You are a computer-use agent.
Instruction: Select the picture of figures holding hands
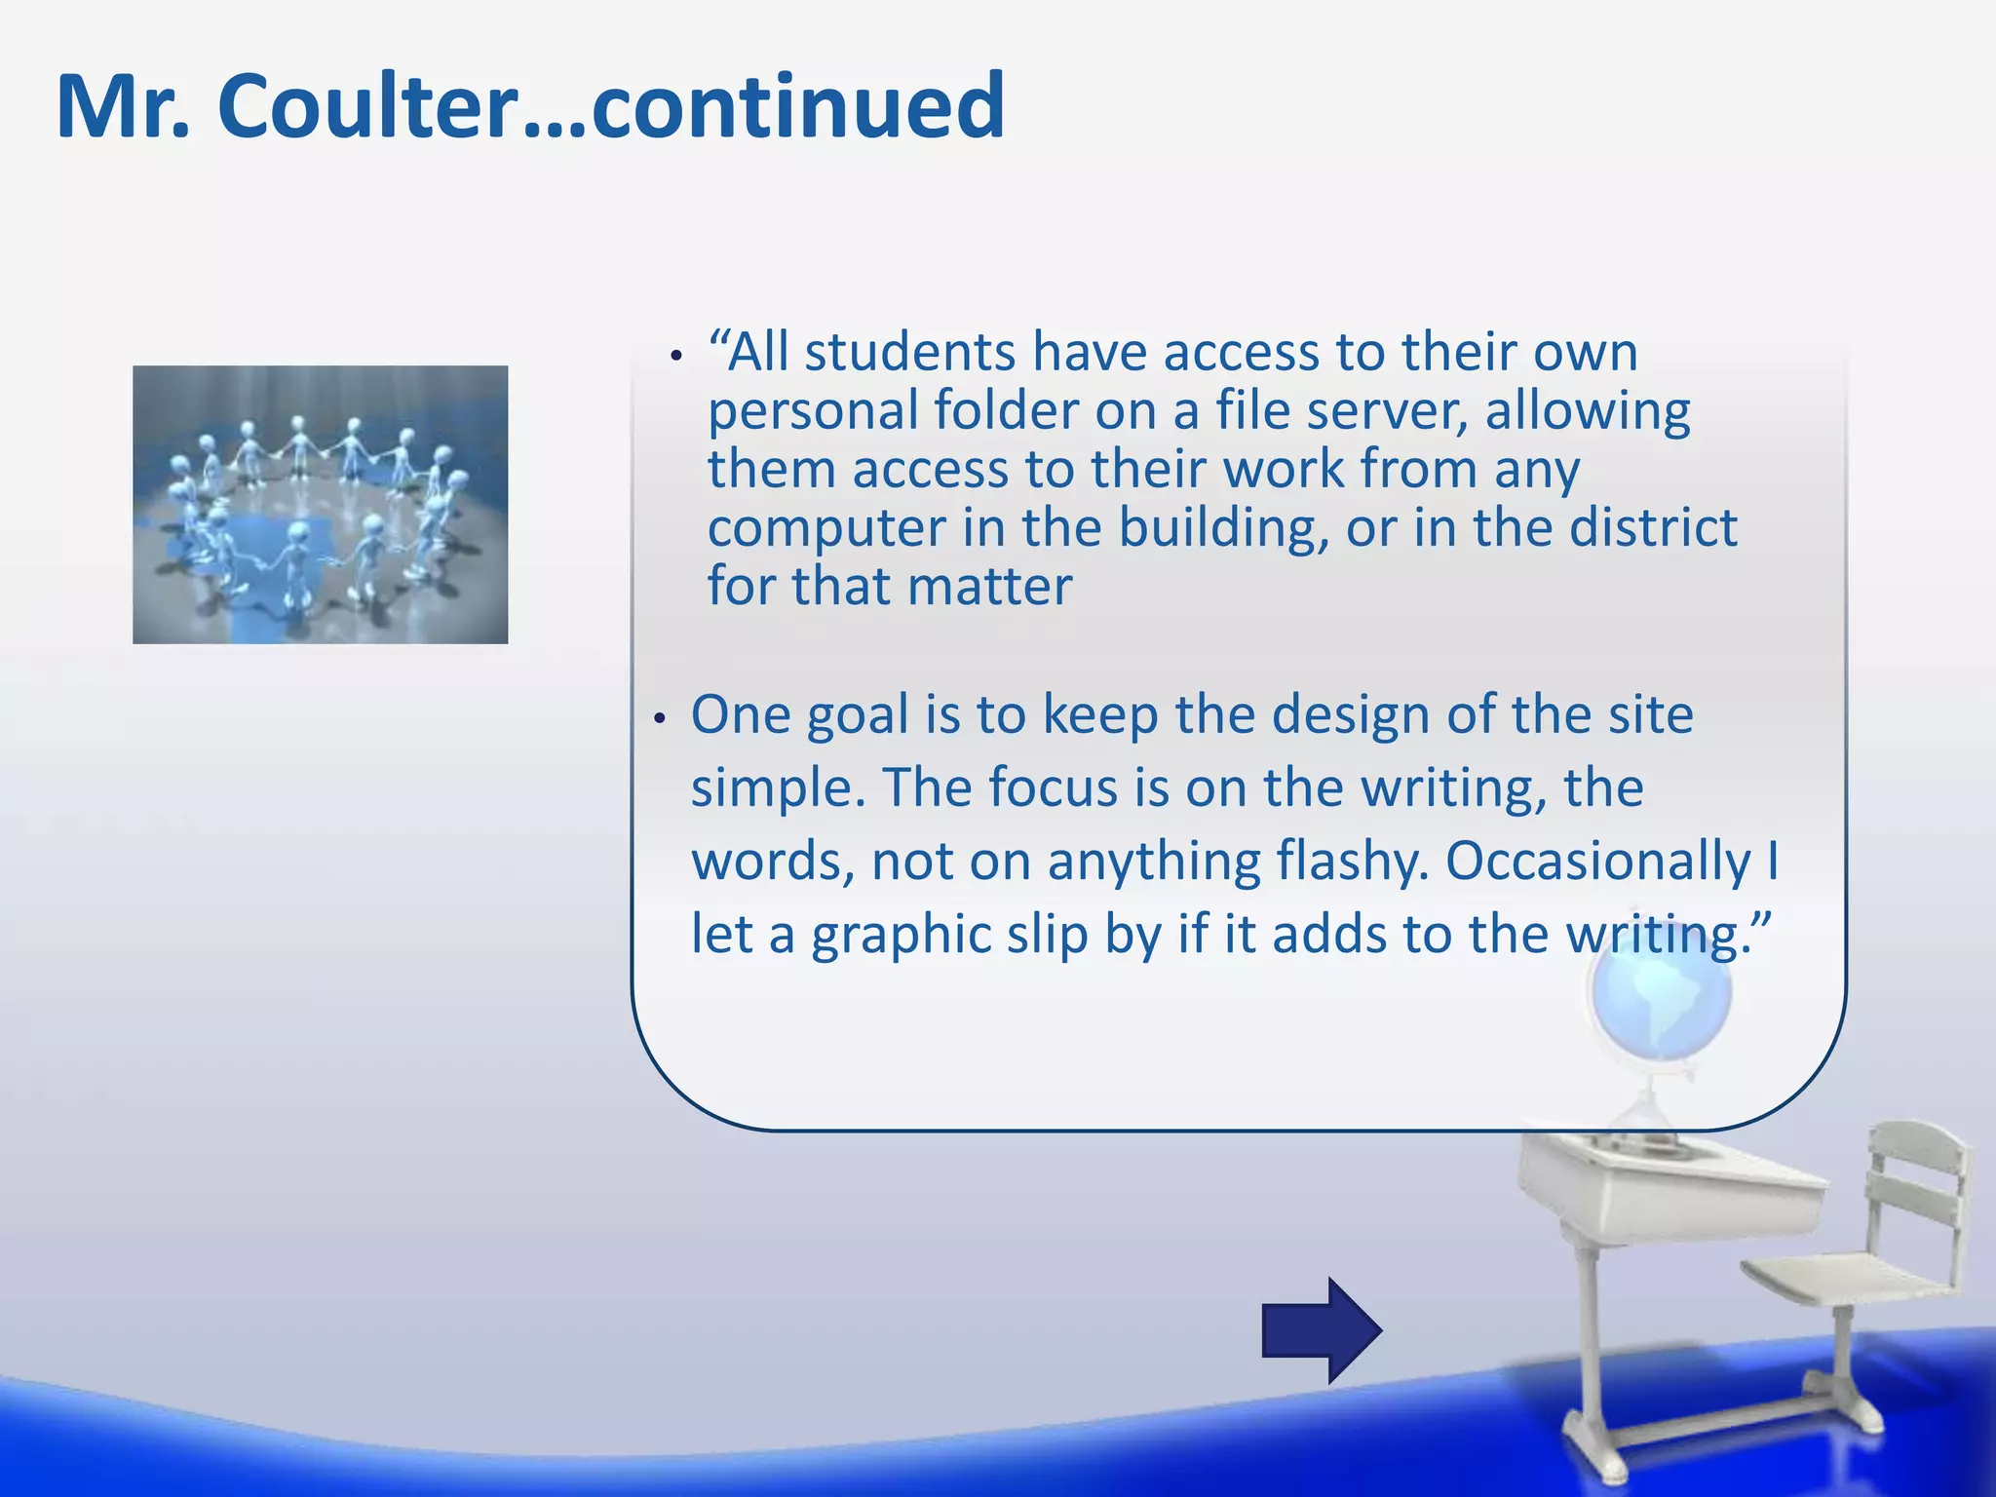pos(321,504)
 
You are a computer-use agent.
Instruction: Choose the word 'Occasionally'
pos(1597,862)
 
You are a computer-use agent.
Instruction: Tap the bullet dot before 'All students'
pos(676,358)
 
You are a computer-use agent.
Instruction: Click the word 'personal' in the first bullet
pos(811,411)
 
